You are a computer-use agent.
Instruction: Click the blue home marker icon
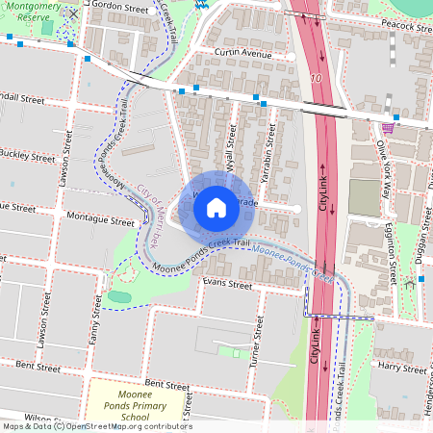click(216, 206)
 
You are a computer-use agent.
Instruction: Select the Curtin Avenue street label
click(244, 54)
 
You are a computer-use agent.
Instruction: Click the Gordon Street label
click(120, 8)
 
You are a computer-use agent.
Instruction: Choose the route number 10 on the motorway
click(316, 76)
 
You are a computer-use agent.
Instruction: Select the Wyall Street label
click(231, 154)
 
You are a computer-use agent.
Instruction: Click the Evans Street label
click(226, 284)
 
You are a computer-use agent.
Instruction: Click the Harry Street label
click(402, 367)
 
